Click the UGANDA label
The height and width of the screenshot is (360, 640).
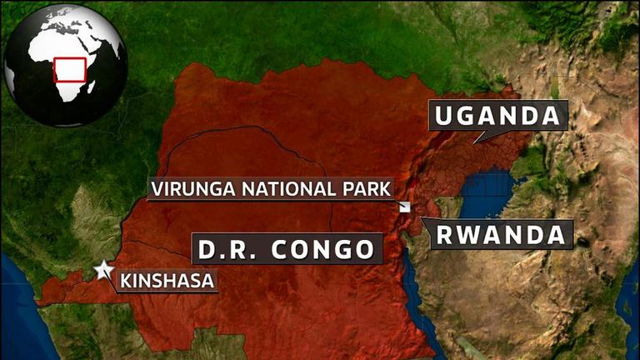point(498,116)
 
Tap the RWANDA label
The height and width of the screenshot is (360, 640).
point(502,235)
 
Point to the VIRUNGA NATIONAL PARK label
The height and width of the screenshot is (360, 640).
point(270,188)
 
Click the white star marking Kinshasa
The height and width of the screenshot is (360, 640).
point(103,270)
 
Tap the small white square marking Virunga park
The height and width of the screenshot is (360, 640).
point(404,207)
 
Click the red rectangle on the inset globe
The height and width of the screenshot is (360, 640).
point(70,69)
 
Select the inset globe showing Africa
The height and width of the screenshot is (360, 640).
point(65,64)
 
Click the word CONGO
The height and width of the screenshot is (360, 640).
point(328,248)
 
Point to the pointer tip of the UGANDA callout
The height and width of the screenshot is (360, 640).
point(475,142)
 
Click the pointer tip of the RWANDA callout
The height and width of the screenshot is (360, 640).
point(422,218)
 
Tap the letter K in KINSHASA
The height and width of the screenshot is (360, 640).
point(126,281)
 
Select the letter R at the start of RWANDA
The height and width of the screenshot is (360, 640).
point(446,235)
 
